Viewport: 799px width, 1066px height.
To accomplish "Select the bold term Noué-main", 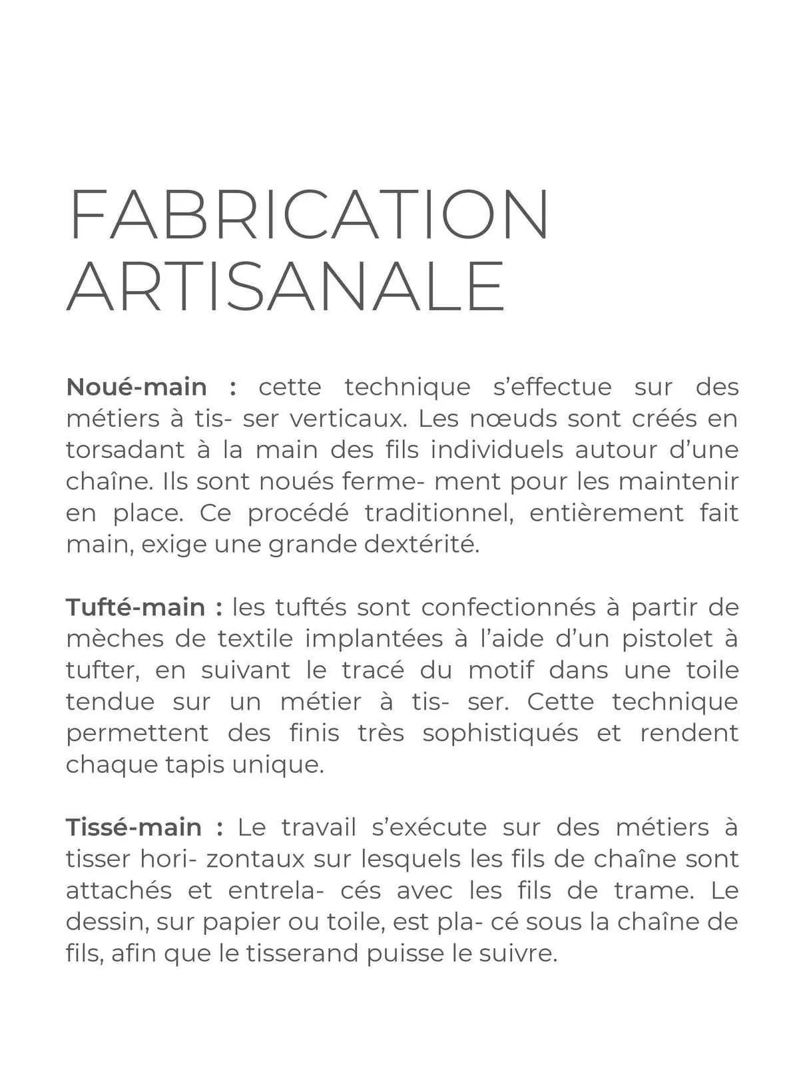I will click(x=136, y=387).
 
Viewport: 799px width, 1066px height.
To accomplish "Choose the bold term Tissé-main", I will click(x=134, y=828).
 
